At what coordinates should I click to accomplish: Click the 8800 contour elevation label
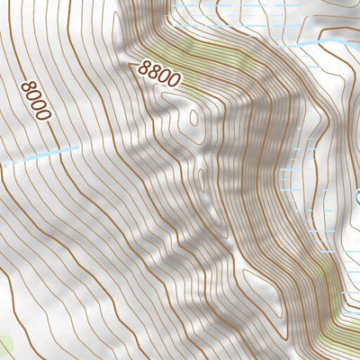[159, 74]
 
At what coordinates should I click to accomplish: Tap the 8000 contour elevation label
[35, 100]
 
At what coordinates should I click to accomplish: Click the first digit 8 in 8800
[144, 67]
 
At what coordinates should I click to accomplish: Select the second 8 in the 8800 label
[154, 72]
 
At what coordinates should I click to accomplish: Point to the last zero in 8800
[175, 81]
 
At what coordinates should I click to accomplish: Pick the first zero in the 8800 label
[165, 76]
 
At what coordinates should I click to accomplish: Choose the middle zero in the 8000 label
[38, 105]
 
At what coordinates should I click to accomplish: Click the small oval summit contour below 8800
[192, 117]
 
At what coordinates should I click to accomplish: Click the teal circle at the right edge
[358, 196]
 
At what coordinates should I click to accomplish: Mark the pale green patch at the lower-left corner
[4, 346]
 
